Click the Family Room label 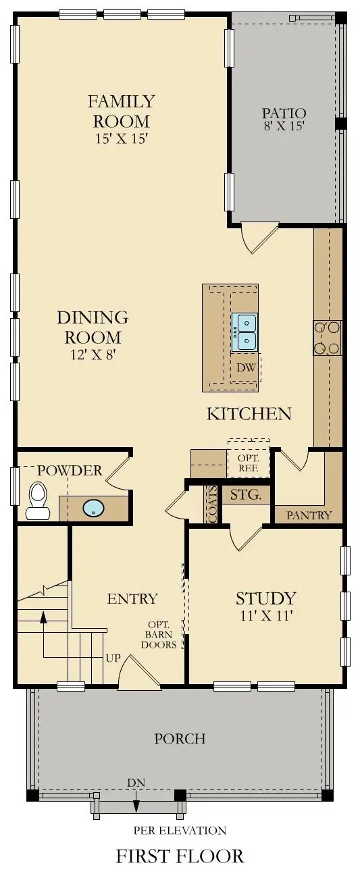point(121,111)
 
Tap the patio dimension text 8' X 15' point(284,126)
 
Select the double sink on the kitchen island point(245,332)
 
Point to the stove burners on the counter point(327,338)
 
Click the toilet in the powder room point(37,501)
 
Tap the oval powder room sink point(93,508)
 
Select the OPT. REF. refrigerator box point(248,462)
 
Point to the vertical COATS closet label point(212,505)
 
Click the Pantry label point(309,515)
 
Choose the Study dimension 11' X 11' point(265,615)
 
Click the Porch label point(180,738)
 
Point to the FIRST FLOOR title point(180,857)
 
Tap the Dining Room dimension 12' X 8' point(93,354)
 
